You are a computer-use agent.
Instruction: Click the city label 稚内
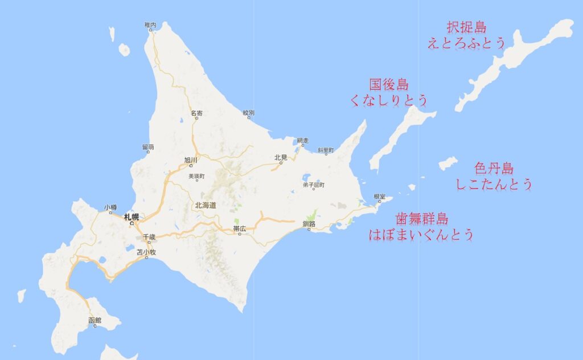[x=150, y=24]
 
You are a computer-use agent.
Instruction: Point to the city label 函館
[x=95, y=320]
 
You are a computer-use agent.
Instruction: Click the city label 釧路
[x=309, y=224]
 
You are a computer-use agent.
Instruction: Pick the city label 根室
[x=380, y=197]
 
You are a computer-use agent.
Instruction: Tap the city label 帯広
[x=240, y=228]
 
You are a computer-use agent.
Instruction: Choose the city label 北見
[x=280, y=157]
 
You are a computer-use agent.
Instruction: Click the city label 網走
[x=302, y=140]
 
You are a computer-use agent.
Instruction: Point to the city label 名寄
[x=196, y=113]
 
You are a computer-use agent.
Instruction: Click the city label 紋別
[x=248, y=112]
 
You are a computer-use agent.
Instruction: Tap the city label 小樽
[x=110, y=207]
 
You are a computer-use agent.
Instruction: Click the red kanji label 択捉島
[x=466, y=27]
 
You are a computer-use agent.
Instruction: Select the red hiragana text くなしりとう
[x=389, y=100]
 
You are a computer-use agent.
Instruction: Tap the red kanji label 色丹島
[x=494, y=169]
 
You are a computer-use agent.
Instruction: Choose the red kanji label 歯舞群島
[x=421, y=219]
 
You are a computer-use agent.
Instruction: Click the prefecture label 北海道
[x=206, y=205]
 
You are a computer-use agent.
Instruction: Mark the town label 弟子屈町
[x=313, y=185]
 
